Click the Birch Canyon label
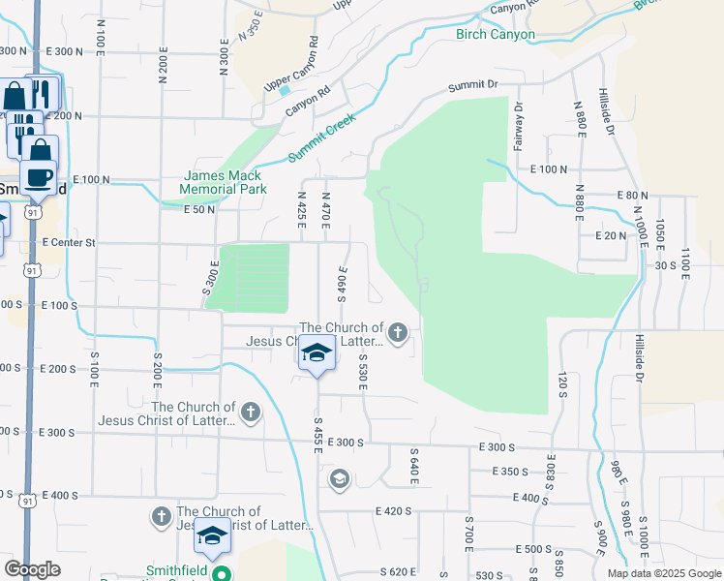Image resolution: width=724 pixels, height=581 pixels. coord(495,34)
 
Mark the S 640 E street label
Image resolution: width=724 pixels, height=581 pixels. coord(414,465)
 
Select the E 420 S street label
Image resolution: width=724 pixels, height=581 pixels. coord(398,509)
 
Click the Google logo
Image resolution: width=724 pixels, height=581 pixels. coord(32,569)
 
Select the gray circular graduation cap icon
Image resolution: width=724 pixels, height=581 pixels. coord(339,477)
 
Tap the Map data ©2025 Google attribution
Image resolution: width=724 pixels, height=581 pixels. coord(664,573)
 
